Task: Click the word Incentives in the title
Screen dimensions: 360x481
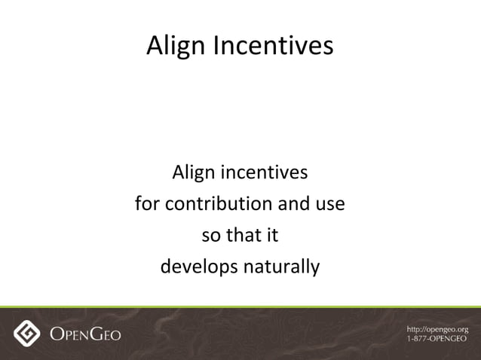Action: pyautogui.click(x=272, y=47)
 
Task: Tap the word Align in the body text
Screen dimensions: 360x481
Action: pyautogui.click(x=192, y=173)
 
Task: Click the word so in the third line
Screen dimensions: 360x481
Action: pyautogui.click(x=211, y=236)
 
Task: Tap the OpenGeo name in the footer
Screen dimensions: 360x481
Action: pyautogui.click(x=85, y=334)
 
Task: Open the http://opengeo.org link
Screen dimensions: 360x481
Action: pyautogui.click(x=437, y=329)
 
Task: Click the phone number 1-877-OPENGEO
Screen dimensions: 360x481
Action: pyautogui.click(x=437, y=339)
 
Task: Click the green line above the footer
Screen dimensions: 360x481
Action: pyautogui.click(x=240, y=307)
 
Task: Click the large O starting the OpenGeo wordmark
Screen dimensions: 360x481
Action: pyautogui.click(x=57, y=334)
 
